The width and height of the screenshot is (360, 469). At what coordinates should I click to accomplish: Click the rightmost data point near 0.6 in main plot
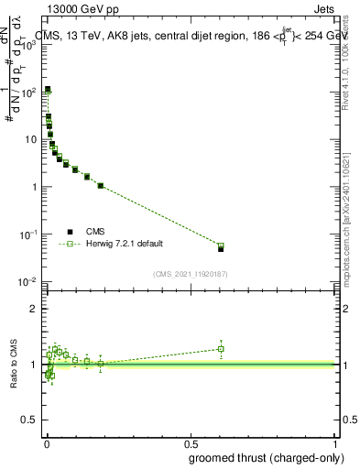[x=221, y=247]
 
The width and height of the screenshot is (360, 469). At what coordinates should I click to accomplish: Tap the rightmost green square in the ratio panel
[x=221, y=348]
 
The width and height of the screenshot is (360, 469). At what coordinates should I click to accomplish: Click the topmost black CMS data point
[x=48, y=89]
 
